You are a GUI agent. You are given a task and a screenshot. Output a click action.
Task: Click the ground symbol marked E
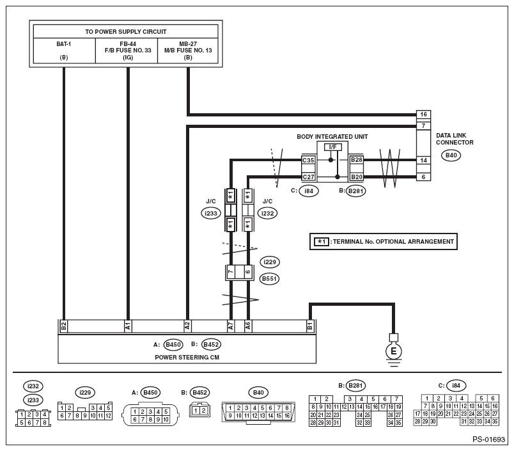coord(393,351)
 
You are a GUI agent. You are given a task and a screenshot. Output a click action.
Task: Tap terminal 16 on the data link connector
coord(423,115)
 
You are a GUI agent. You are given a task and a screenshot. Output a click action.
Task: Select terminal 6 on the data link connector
coord(423,177)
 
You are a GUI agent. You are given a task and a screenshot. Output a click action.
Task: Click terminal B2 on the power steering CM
coord(63,326)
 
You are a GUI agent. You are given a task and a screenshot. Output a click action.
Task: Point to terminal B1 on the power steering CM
coord(310,326)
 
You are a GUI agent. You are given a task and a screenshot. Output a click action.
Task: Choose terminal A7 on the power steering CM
coord(231,326)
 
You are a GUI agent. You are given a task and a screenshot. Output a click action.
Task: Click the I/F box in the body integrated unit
coord(332,147)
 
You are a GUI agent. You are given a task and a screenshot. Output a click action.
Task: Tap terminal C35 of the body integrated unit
coord(308,160)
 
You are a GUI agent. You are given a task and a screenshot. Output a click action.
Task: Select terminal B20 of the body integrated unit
coord(356,177)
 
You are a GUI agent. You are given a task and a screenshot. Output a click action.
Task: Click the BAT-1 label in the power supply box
coord(63,44)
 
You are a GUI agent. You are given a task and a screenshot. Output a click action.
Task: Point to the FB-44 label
coord(128,44)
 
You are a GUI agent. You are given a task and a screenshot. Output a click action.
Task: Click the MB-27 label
coord(188,44)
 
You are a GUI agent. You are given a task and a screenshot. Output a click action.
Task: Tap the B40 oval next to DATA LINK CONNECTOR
coord(451,155)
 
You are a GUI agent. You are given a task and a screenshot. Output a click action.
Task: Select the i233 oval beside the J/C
coord(211,214)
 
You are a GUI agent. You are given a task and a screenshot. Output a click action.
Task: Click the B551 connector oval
coord(269,279)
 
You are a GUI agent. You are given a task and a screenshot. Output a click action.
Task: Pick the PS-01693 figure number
coord(488,439)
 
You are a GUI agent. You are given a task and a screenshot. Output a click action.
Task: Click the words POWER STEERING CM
coord(187,357)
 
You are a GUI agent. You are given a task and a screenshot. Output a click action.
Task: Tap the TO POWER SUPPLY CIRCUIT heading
coord(126,32)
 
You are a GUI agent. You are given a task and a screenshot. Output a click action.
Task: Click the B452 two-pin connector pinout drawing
coord(199,410)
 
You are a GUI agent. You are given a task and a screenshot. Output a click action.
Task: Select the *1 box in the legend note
coord(321,242)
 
